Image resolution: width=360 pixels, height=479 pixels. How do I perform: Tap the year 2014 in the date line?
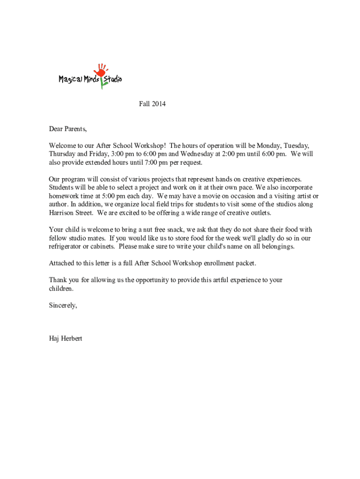158,104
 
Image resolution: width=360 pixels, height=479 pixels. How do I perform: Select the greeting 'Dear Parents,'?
68,129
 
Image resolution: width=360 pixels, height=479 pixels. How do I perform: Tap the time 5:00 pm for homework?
101,196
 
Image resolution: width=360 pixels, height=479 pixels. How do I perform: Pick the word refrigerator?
66,247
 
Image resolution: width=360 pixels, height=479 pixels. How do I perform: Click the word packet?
245,263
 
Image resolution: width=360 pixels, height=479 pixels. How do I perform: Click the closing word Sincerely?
63,305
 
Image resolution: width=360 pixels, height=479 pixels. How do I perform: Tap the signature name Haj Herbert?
65,338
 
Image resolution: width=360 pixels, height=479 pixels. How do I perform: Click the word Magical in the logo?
71,80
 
